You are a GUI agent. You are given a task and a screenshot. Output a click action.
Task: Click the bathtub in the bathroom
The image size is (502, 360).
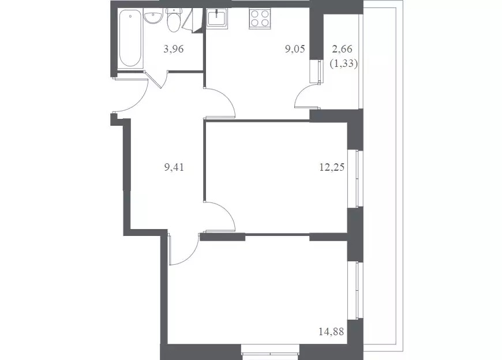pos(130,39)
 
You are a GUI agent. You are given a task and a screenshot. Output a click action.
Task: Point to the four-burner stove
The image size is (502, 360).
pos(260,18)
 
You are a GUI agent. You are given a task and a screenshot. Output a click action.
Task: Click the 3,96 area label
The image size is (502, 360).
pos(173,49)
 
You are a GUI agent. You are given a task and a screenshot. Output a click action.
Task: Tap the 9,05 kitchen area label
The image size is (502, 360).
pos(295,49)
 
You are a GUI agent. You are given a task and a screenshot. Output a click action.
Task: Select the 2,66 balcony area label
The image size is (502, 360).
pos(343,49)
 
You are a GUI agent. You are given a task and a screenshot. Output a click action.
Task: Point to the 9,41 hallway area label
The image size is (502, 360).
pos(174,167)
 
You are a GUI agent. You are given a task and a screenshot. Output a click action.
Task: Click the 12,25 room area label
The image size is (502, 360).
pos(332,167)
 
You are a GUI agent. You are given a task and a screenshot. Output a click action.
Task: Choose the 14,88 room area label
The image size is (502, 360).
pos(331,332)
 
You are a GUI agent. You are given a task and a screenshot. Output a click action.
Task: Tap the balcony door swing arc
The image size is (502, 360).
pos(301,95)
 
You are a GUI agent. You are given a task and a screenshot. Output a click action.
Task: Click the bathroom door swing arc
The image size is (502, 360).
pos(166,80)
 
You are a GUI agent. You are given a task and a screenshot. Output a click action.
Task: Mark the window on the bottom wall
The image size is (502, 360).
pos(271,353)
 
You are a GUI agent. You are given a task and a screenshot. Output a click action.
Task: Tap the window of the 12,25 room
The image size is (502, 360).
pos(355,178)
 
